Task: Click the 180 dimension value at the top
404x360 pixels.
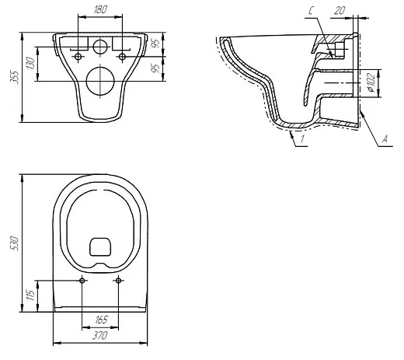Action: click(100, 9)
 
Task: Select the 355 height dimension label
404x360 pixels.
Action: click(15, 77)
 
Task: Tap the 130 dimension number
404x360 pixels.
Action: click(30, 63)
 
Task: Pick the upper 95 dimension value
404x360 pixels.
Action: click(155, 44)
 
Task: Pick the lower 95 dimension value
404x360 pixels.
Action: click(155, 68)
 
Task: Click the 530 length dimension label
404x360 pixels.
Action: click(15, 243)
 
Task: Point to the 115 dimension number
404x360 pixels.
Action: click(30, 295)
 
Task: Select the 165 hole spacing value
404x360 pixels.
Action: click(101, 320)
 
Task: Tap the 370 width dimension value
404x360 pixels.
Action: click(100, 336)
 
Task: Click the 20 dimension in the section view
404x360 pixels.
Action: click(340, 11)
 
